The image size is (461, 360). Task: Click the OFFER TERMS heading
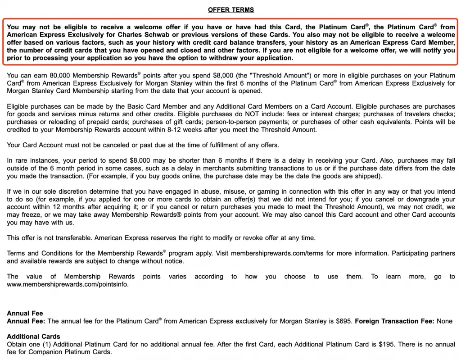coord(230,10)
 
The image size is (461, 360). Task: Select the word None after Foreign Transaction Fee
coord(444,321)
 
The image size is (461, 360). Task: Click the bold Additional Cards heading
coord(33,337)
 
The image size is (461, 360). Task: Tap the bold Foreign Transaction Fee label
coord(394,321)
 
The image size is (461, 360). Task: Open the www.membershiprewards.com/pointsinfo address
coord(68,284)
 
